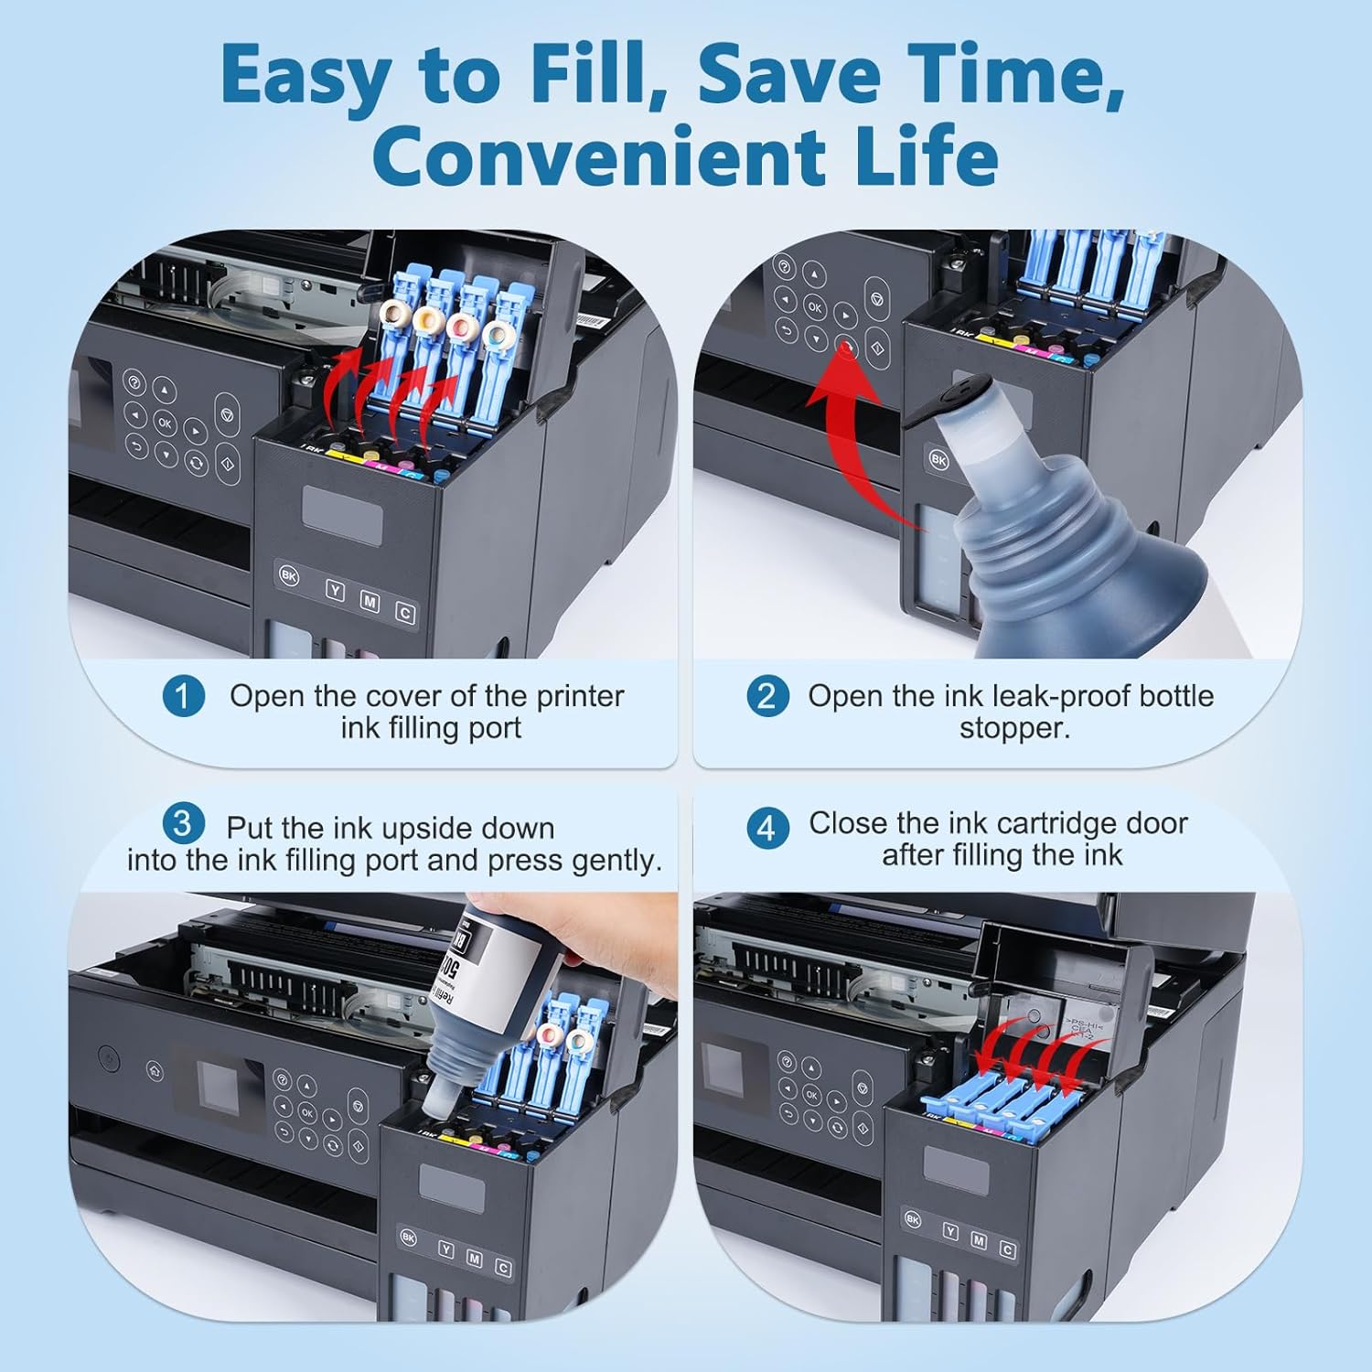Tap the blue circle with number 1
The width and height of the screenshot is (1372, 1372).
click(183, 696)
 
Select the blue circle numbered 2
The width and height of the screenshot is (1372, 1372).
click(766, 696)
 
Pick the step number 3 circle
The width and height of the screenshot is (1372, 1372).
click(183, 823)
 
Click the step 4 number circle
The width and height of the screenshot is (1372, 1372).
click(766, 828)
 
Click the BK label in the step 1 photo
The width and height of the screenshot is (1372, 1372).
click(288, 576)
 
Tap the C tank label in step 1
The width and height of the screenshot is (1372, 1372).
click(404, 613)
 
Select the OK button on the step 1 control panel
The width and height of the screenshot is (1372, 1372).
click(165, 423)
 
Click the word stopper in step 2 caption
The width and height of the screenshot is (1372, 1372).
click(1013, 729)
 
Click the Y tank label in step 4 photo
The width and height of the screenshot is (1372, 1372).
click(950, 1233)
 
